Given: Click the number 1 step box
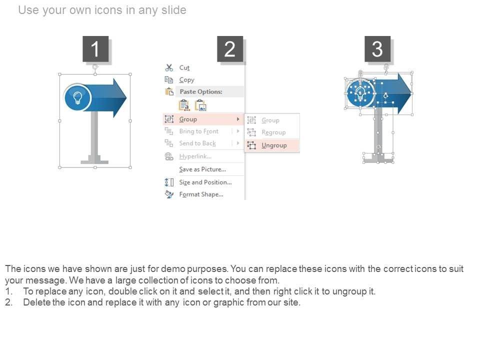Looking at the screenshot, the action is click(95, 49).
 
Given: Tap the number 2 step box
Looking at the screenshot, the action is click(230, 49).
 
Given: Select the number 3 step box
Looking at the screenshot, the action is click(377, 49).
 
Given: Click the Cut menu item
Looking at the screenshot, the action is click(184, 67).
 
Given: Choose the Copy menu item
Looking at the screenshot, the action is click(186, 80).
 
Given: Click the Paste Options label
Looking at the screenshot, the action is click(201, 91).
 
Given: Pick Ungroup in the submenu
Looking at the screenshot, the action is click(274, 145).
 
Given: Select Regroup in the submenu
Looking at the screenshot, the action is click(273, 132).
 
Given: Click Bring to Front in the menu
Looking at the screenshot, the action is click(199, 131).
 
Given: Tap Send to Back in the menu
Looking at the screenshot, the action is click(197, 143).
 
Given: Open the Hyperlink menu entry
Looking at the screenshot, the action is click(195, 156).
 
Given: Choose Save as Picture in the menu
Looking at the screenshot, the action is click(202, 169).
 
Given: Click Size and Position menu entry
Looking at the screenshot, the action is click(205, 182).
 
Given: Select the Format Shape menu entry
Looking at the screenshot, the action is click(201, 194).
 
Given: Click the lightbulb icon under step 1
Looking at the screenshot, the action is click(78, 98).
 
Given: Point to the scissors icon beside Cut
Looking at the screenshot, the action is click(169, 67).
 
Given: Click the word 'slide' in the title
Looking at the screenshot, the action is click(173, 10).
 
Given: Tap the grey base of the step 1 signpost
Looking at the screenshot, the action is click(94, 160).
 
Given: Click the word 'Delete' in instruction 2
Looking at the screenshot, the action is click(36, 302).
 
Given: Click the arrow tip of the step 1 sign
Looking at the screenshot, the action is click(126, 98).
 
